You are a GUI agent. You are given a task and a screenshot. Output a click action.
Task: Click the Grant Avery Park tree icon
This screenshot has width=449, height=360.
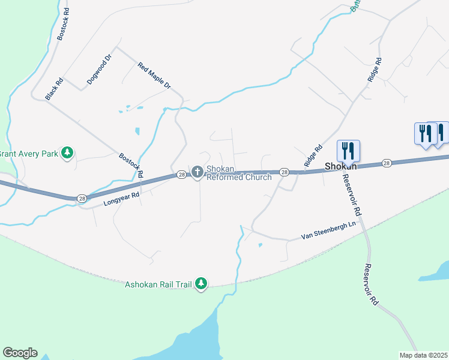pos(68,154)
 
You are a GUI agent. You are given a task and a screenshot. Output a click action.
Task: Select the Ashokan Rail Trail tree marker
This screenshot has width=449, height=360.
pos(202,284)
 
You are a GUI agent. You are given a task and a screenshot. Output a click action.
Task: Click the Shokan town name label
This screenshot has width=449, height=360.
pos(342,166)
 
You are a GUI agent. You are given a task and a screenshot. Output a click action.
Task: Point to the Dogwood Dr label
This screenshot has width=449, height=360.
pos(100,70)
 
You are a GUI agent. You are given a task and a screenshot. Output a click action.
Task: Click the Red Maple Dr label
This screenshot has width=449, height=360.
pos(154,76)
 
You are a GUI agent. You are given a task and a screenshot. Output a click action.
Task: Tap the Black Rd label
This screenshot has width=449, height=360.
pos(54,89)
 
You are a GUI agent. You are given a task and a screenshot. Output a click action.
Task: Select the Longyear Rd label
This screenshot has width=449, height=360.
pos(121,199)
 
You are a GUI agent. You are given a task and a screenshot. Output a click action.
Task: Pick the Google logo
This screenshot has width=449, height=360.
pos(20,353)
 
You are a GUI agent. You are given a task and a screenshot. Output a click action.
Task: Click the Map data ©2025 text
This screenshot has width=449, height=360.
pos(423,355)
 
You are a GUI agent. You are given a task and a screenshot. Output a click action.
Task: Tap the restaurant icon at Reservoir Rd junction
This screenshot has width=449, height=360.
pos(348,150)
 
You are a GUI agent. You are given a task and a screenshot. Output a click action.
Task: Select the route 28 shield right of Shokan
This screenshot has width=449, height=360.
pos(387,163)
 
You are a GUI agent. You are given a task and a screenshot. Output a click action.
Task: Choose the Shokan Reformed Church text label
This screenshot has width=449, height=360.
pos(239,173)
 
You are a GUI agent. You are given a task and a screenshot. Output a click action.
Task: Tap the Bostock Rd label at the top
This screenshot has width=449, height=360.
pos(64,25)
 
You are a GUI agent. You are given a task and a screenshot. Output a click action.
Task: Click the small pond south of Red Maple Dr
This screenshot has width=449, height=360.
pos(137,131)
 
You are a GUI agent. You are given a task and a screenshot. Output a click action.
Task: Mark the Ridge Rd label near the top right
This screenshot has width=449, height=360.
pos(375,70)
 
